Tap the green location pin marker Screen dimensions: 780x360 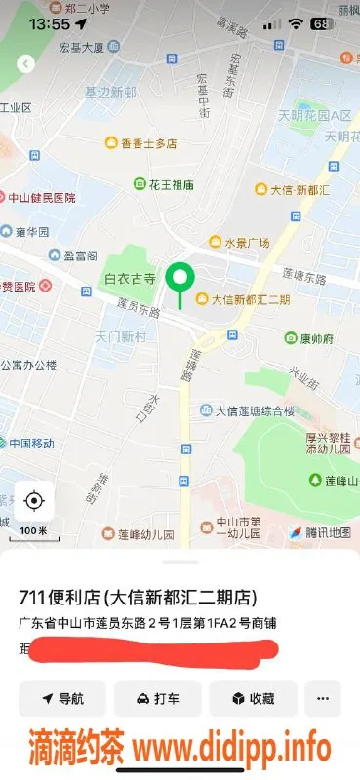tap(179, 280)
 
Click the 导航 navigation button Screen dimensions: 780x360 tap(62, 698)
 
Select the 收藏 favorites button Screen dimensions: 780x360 tap(253, 698)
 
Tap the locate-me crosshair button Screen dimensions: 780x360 tap(34, 501)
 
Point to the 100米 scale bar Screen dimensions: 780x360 tap(33, 529)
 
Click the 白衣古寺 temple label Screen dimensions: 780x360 tap(130, 279)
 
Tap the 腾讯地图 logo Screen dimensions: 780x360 tap(318, 532)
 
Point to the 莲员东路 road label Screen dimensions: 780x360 tap(138, 310)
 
